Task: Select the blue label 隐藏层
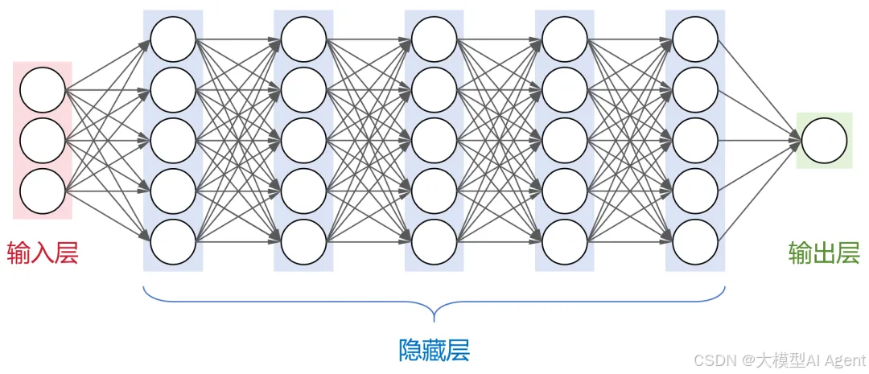[434, 350]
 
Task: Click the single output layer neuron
[824, 141]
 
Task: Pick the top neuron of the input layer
[43, 91]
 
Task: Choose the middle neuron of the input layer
[43, 141]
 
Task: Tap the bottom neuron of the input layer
[43, 191]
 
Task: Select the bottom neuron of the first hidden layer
[173, 241]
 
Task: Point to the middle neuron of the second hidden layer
[303, 141]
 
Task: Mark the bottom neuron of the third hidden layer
[434, 241]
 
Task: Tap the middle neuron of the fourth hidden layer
[565, 141]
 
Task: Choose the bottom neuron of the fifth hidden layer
[695, 241]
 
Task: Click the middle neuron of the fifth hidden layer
[695, 141]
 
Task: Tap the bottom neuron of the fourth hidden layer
[565, 241]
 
